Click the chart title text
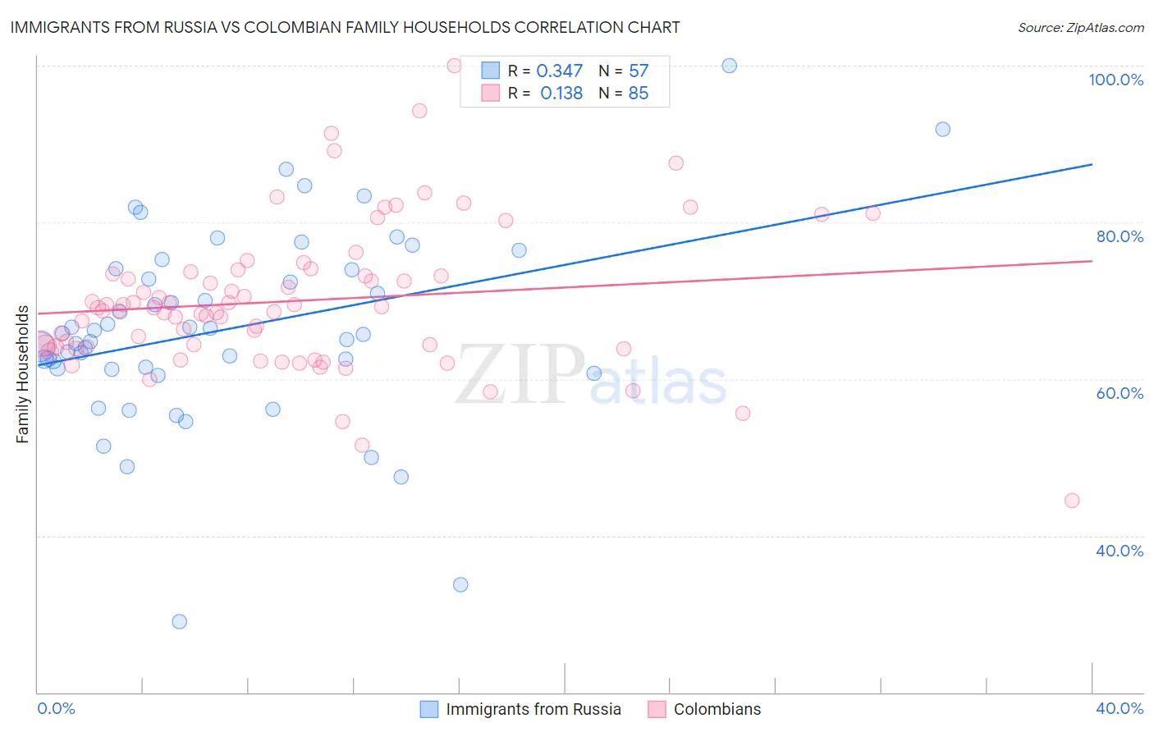pos(345,27)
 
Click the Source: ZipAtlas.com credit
pos(1080,28)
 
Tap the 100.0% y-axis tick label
pos(1115,80)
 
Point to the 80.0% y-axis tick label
pos(1120,236)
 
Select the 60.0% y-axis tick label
pos(1120,393)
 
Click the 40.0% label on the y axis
pos(1120,551)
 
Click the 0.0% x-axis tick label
pos(56,708)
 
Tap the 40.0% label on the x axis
pos(1120,708)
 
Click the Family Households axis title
pos(23,374)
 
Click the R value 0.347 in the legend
pos(559,71)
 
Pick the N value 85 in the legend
pos(638,94)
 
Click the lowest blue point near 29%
pos(179,621)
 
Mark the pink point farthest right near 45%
pos(1071,501)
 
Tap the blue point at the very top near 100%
pos(729,66)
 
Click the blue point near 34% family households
pos(460,584)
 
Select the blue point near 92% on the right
pos(942,129)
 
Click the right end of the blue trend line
pos(1092,165)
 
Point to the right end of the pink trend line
pos(1092,261)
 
